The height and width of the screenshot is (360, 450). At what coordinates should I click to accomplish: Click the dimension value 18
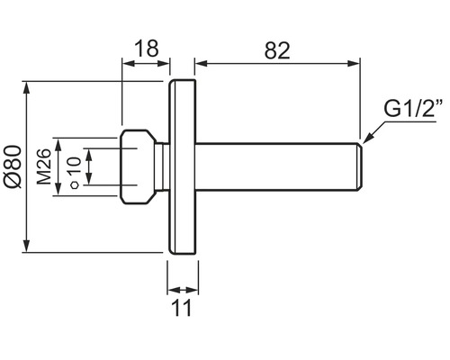pos(145,48)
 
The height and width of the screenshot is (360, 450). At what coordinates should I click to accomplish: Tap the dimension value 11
pos(183,309)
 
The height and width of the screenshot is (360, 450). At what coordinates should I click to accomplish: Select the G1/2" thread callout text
pos(411,110)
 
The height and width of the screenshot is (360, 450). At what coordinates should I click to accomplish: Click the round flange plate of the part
pos(184,167)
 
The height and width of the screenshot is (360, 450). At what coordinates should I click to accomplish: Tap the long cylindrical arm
pos(270,167)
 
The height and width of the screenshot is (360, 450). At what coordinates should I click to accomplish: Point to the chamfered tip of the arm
pos(359,167)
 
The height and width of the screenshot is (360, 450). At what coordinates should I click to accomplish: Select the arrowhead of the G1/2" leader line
pos(365,140)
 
